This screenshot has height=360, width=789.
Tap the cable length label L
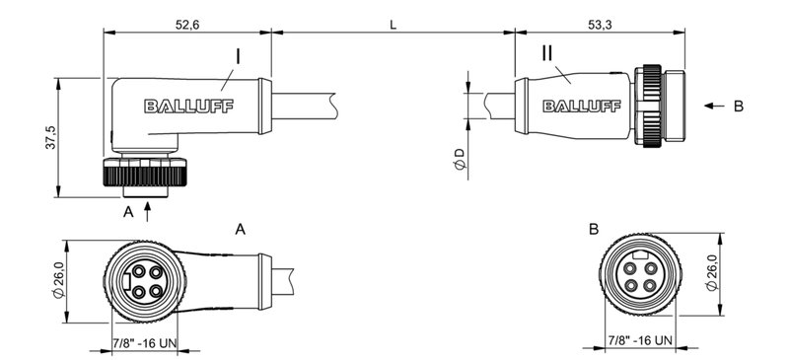click(393, 25)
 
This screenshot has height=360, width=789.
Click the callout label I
click(238, 56)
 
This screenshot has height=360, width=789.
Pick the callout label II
click(549, 53)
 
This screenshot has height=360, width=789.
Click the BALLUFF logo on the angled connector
click(188, 107)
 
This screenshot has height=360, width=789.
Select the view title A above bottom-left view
click(240, 229)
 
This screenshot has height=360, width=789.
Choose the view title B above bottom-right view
click(593, 229)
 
